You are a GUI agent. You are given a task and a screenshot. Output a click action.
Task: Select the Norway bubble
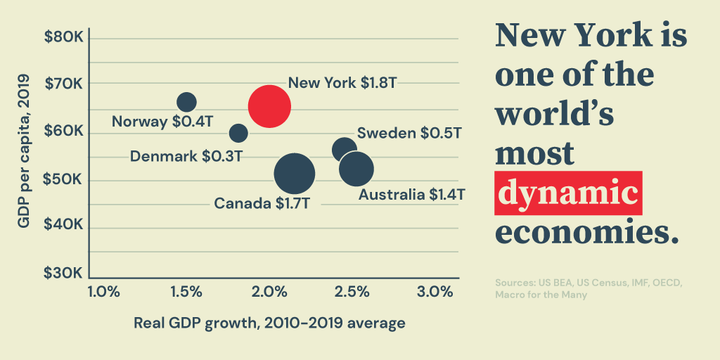click(x=186, y=103)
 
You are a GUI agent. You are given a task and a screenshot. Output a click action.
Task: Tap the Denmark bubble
click(x=238, y=132)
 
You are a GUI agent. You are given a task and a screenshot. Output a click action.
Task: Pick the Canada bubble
click(x=294, y=174)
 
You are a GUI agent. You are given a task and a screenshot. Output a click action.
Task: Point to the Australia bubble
click(x=356, y=169)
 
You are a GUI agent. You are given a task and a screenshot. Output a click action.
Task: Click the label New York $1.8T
click(x=342, y=83)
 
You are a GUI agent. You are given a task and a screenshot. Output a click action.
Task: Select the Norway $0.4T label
click(x=162, y=122)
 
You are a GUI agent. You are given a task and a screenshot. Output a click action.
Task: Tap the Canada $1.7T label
click(x=262, y=204)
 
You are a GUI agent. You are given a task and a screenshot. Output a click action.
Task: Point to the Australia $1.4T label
click(x=411, y=194)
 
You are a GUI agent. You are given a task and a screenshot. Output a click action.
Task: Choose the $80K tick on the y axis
click(x=64, y=36)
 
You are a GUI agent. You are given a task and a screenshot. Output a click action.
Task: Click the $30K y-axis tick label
click(x=64, y=274)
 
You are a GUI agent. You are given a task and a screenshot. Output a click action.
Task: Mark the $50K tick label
click(x=64, y=179)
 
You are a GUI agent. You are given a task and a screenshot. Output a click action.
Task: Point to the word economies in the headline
click(x=588, y=231)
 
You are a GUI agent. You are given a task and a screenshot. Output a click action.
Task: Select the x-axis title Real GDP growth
click(x=269, y=323)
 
